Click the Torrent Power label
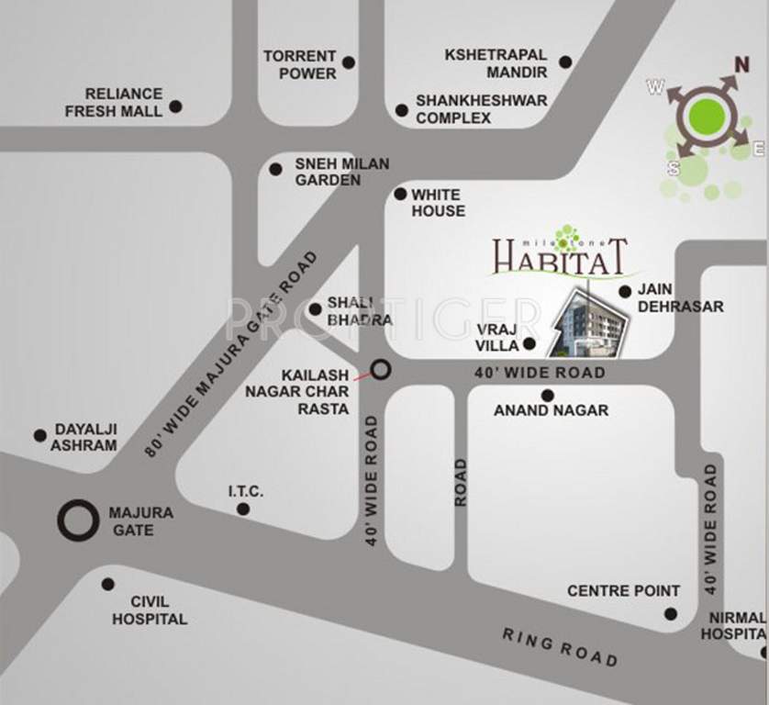[x=300, y=64]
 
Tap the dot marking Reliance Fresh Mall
[x=175, y=106]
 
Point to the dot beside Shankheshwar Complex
[x=401, y=110]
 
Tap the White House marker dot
[x=400, y=194]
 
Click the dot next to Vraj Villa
[x=529, y=344]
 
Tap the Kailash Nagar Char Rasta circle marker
[x=380, y=370]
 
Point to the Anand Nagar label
[x=551, y=410]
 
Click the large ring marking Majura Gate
[x=76, y=520]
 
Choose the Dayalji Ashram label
[x=85, y=437]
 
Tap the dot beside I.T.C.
[x=242, y=509]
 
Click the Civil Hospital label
[x=150, y=610]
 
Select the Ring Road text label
[x=559, y=646]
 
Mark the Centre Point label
[x=623, y=590]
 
